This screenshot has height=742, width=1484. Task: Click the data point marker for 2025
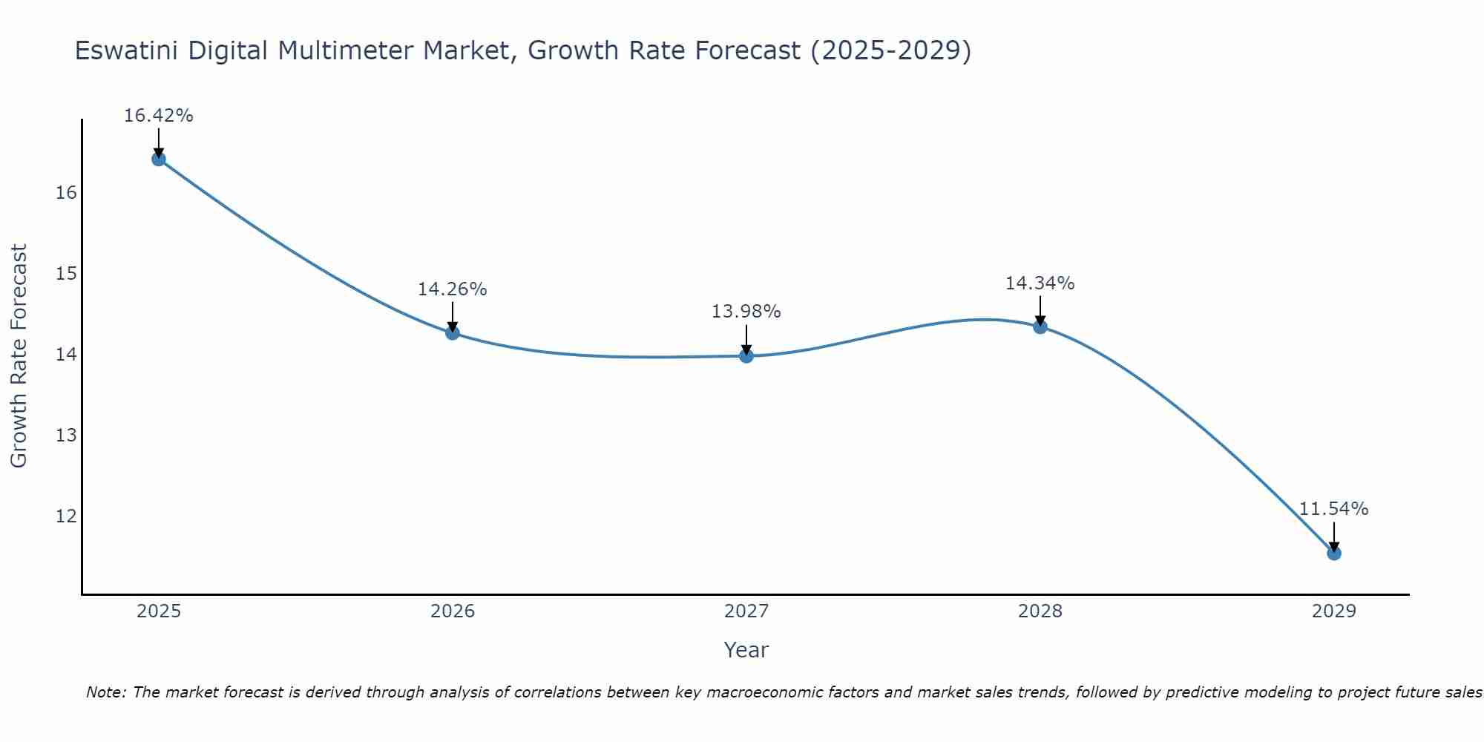pos(158,159)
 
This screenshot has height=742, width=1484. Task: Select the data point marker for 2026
pos(453,332)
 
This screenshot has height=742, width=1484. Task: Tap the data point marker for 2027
pos(746,356)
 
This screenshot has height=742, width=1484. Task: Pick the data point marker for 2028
pos(1040,326)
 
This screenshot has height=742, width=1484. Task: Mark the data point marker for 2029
pos(1333,553)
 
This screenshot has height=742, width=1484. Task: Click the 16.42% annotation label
pos(158,116)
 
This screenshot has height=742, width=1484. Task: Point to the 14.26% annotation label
pos(452,289)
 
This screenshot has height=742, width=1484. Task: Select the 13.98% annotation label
pos(746,312)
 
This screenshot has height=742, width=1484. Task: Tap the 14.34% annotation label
pos(1040,283)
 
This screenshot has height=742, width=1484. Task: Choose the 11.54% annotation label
pos(1333,509)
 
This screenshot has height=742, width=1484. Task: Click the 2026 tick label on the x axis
pos(453,611)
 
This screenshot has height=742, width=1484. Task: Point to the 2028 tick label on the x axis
pos(1040,611)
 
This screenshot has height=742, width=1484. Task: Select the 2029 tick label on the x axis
pos(1333,611)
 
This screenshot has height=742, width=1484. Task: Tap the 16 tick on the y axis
pos(66,193)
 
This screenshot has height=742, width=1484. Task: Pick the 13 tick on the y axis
pos(66,435)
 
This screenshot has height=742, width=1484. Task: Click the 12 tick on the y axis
pos(66,516)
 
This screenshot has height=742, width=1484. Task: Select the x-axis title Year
pos(746,650)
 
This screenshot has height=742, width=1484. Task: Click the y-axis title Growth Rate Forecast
pos(19,355)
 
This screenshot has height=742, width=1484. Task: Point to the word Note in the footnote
pos(106,692)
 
